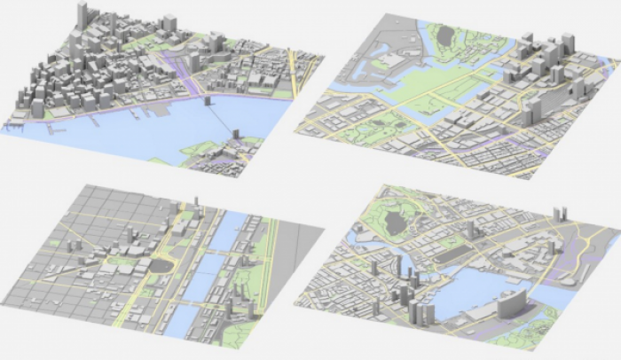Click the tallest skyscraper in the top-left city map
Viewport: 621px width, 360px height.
tap(82, 16)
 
